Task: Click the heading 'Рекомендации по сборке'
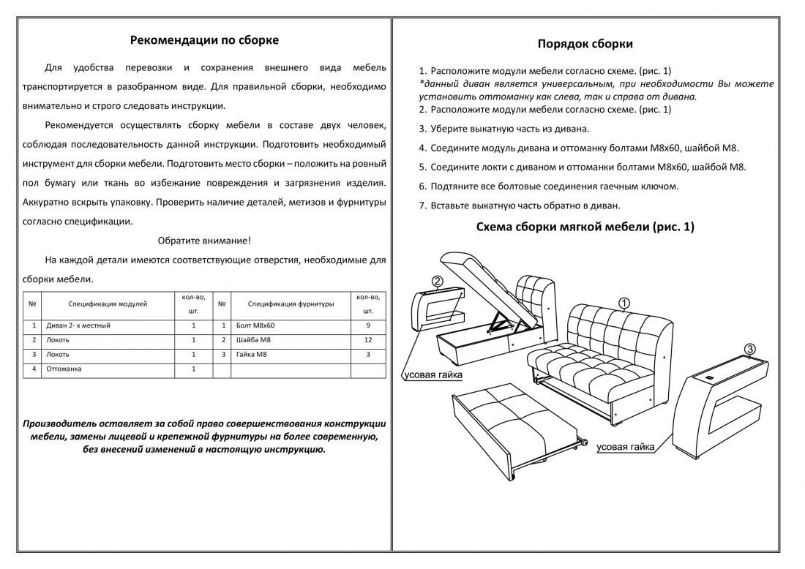[204, 40]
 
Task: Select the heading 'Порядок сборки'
[585, 44]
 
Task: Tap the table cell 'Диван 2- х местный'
[78, 325]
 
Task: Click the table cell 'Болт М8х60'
[255, 325]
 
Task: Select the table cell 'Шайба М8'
[254, 340]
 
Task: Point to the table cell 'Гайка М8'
[252, 355]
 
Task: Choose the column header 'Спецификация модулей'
[108, 303]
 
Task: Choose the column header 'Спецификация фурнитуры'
[291, 303]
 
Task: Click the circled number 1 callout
[624, 302]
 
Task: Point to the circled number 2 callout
[436, 282]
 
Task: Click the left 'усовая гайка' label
[433, 375]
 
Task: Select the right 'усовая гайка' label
[625, 446]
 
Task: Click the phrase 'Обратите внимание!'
[204, 240]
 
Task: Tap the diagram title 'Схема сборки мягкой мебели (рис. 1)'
[585, 227]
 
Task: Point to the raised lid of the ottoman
[483, 285]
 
